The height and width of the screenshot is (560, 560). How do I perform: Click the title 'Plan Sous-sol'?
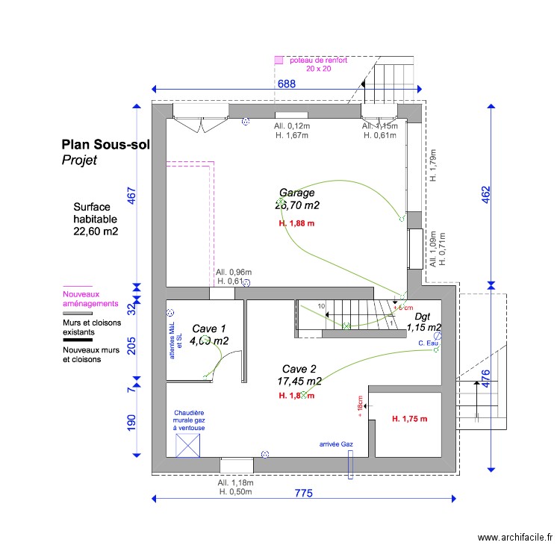pos(105,145)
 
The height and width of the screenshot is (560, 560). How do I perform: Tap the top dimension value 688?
pos(287,84)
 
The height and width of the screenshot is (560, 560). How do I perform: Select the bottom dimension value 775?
pos(302,493)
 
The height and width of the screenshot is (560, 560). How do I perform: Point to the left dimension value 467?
pos(132,196)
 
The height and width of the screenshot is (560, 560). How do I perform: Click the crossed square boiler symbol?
pos(188,445)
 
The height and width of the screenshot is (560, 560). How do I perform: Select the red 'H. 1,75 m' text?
pos(410,419)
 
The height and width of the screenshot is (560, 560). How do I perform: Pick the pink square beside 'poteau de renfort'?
pos(279,60)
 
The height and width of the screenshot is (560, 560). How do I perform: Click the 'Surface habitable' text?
pos(96,219)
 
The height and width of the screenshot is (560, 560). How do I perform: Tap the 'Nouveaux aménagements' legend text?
pos(90,299)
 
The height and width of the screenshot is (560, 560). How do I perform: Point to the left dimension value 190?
pos(132,423)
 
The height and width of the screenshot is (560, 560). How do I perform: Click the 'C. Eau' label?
pos(426,343)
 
